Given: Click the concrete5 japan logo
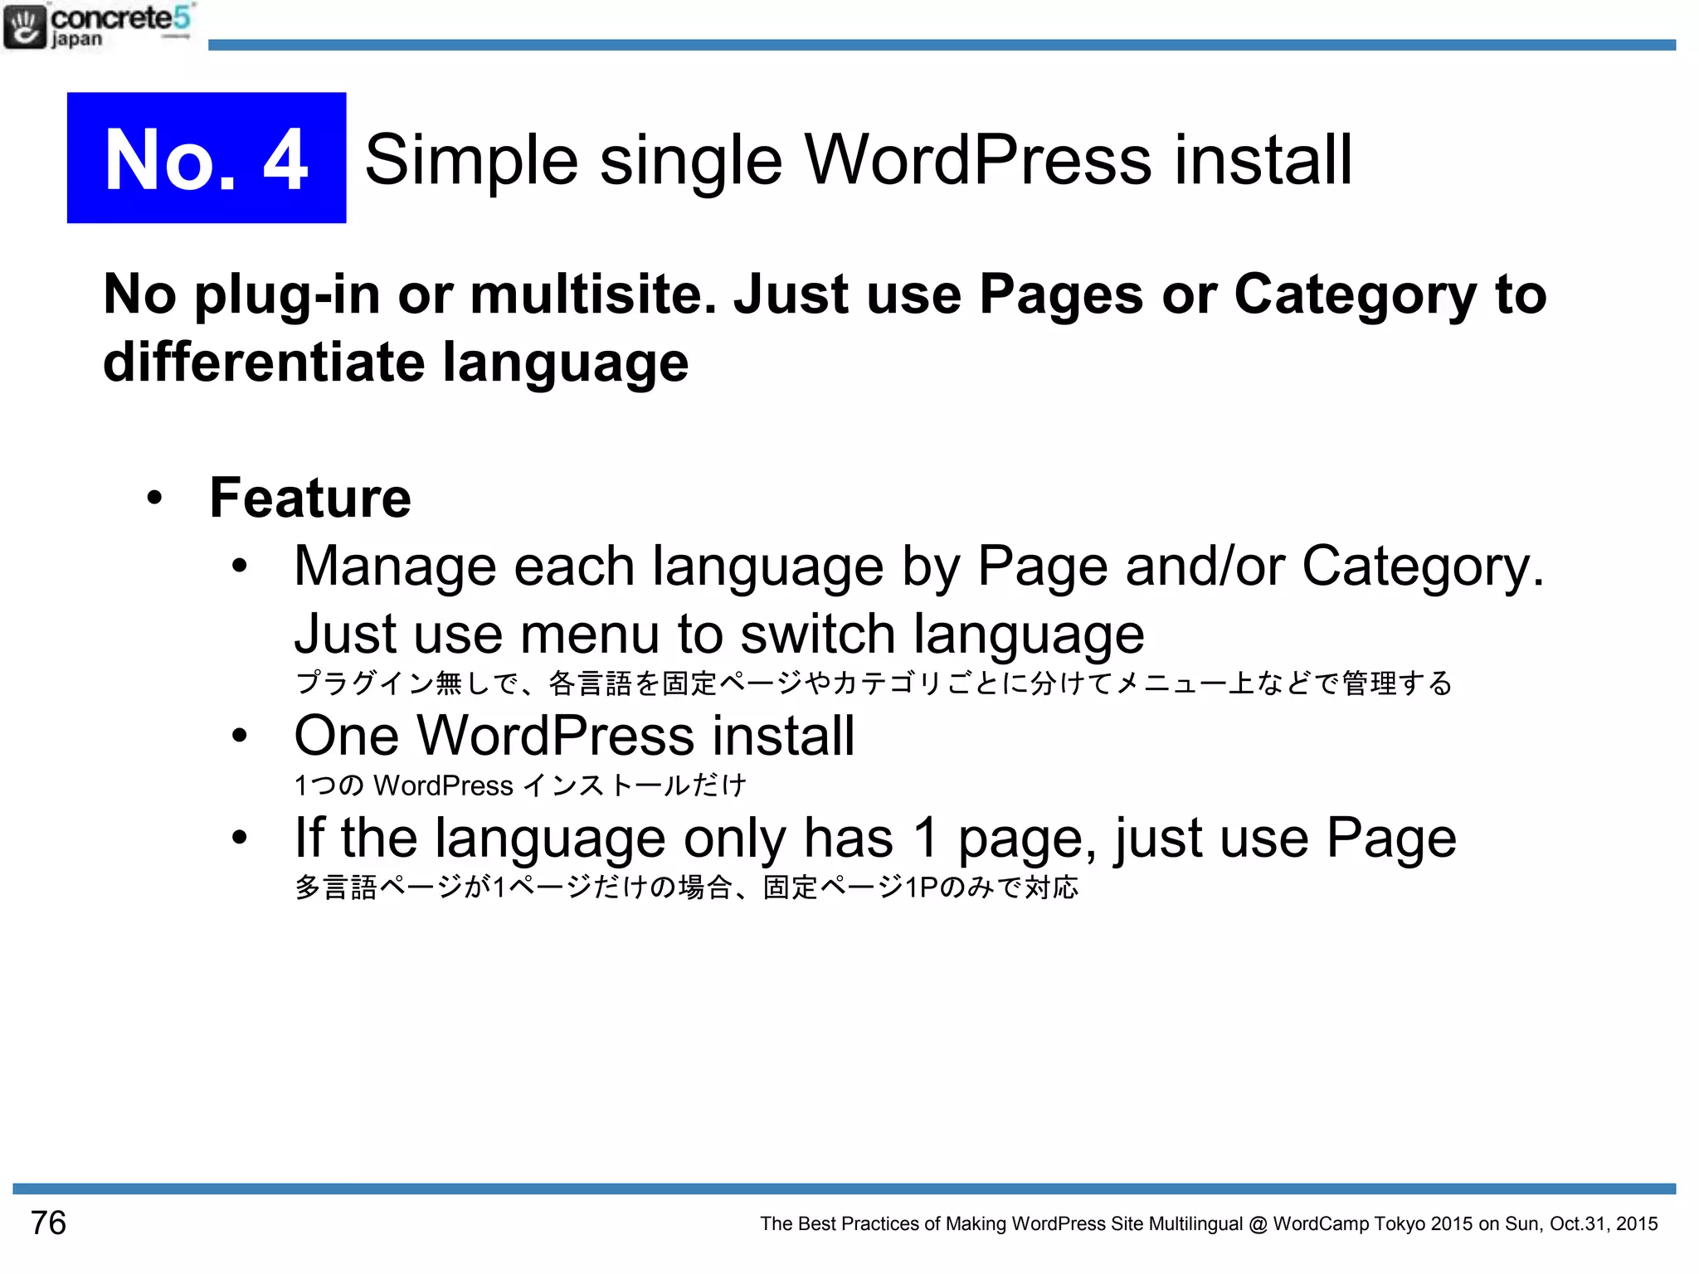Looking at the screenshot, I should (x=98, y=26).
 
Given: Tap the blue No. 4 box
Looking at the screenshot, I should (x=207, y=158).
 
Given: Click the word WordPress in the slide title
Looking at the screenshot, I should (x=977, y=159).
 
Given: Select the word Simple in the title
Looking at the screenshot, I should (x=471, y=161).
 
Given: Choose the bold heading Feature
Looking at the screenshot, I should (x=310, y=498).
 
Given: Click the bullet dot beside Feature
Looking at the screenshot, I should (x=154, y=498).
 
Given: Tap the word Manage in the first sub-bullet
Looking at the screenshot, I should (x=395, y=566).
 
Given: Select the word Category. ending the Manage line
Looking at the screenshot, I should (x=1422, y=568).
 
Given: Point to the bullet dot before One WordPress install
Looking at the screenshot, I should (x=240, y=736).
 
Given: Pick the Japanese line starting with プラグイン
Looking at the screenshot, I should (x=873, y=683).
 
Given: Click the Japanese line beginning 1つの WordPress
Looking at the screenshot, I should (x=520, y=785).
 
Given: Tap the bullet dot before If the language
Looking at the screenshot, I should (x=240, y=838).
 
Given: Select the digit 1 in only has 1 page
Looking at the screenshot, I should (x=926, y=838).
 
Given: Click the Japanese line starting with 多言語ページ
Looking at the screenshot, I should (x=686, y=887).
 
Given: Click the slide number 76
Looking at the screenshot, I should (x=48, y=1223).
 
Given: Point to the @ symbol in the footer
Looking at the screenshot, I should (x=1258, y=1224).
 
